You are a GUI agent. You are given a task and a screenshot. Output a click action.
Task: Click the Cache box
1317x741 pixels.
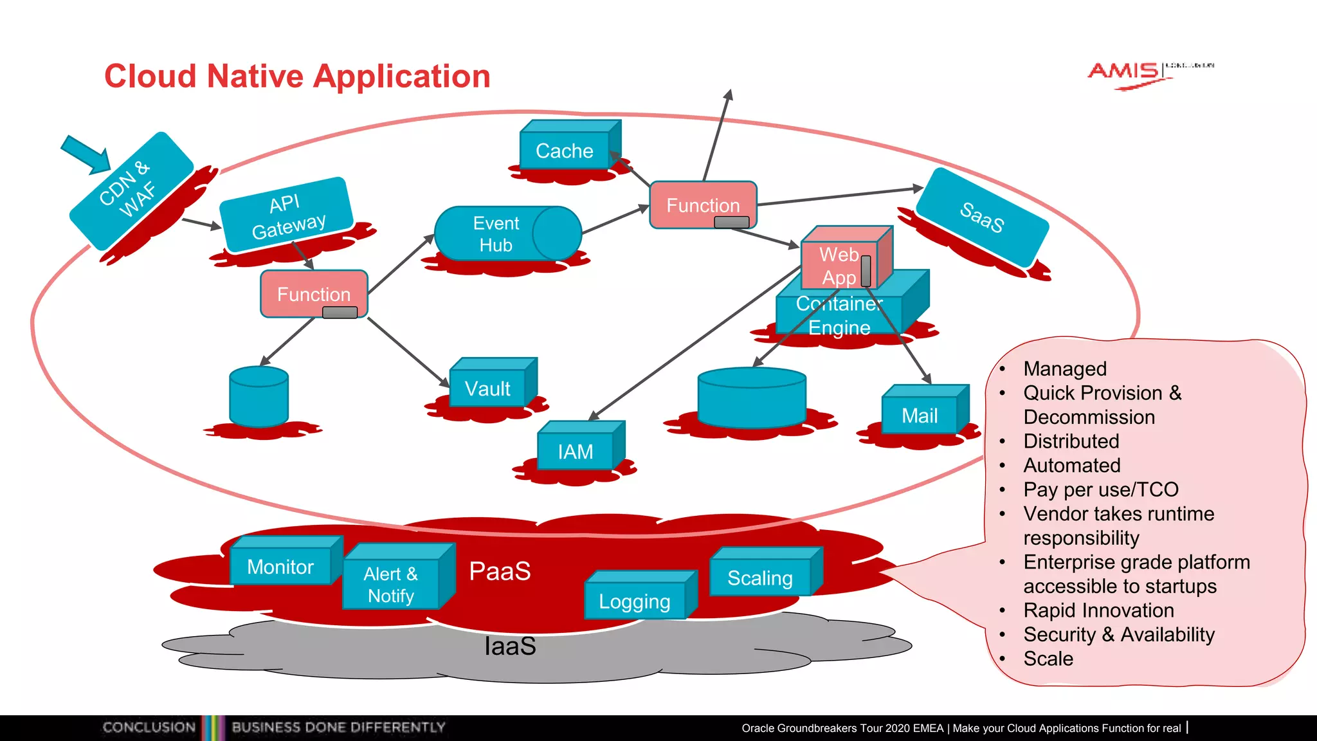(565, 151)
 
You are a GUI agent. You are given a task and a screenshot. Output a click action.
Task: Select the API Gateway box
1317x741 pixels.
(287, 216)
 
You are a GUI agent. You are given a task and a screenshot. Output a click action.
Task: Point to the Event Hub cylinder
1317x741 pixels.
(496, 234)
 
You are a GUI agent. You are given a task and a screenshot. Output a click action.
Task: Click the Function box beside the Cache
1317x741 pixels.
(703, 205)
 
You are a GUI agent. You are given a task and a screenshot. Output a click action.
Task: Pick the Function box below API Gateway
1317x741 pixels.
(314, 294)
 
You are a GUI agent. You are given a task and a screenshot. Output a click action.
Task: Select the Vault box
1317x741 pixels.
(487, 389)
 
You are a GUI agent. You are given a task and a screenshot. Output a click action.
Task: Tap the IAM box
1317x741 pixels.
(576, 452)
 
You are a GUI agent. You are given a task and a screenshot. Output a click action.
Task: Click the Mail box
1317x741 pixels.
(920, 416)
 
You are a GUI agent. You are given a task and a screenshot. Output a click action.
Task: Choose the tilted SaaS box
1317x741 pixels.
(981, 217)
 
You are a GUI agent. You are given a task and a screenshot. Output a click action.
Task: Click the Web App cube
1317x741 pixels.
(839, 265)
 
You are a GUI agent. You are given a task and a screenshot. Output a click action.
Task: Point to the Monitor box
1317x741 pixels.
(280, 567)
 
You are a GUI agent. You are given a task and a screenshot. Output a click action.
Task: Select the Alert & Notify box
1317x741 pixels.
(391, 585)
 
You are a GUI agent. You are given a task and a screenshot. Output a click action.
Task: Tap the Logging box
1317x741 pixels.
(635, 601)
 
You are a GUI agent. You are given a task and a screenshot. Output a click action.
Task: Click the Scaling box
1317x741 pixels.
(759, 578)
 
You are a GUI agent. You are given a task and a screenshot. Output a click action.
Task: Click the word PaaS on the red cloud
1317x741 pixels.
(500, 571)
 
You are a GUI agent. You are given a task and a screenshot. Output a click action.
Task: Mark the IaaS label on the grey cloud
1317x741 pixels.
(510, 646)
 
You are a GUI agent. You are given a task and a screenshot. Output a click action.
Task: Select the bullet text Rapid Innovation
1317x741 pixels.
(1098, 610)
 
